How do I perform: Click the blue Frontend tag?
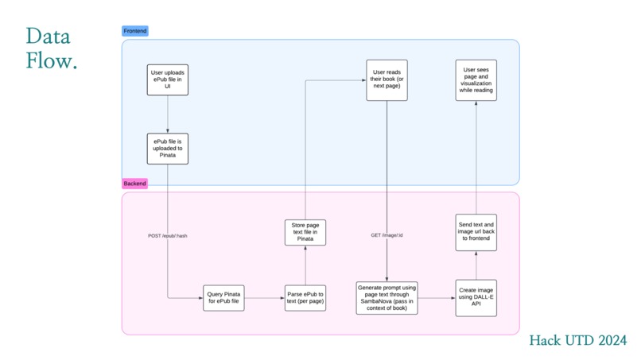click(x=135, y=31)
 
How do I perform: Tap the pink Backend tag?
click(x=134, y=184)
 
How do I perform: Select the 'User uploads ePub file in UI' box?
click(x=168, y=79)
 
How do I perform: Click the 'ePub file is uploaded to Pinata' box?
click(x=168, y=149)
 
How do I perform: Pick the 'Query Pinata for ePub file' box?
click(x=223, y=298)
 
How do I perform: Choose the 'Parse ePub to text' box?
click(x=305, y=298)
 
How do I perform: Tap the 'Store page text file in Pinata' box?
click(x=305, y=233)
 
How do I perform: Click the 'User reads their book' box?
click(x=387, y=80)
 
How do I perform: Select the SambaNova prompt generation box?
click(x=387, y=298)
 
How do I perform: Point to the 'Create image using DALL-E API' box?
click(x=476, y=298)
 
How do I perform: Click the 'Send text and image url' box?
click(x=476, y=233)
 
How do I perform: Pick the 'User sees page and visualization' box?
click(x=476, y=80)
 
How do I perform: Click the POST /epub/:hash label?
click(x=168, y=236)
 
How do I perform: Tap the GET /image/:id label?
click(x=387, y=235)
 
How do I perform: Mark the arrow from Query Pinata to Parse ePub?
click(x=265, y=298)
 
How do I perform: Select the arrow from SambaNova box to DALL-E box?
click(x=437, y=298)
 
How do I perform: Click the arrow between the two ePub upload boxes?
click(x=168, y=114)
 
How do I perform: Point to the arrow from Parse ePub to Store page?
click(x=305, y=265)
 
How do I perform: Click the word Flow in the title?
click(x=52, y=60)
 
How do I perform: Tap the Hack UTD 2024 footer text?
click(x=577, y=340)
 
